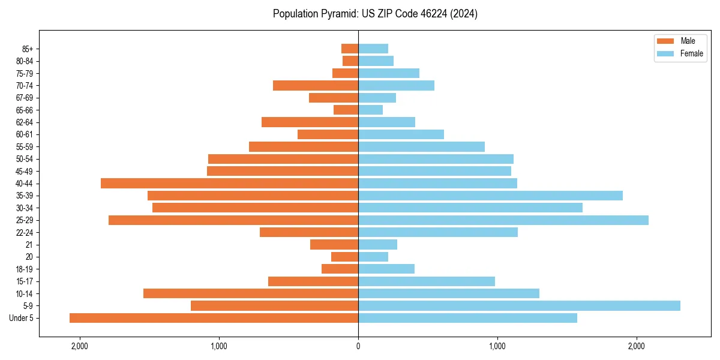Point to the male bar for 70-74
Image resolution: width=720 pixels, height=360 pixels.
pyautogui.click(x=316, y=85)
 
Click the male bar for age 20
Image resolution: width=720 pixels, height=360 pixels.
pyautogui.click(x=344, y=257)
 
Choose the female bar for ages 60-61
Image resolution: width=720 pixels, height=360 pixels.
pyautogui.click(x=401, y=134)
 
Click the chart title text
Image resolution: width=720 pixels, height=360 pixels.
pyautogui.click(x=375, y=14)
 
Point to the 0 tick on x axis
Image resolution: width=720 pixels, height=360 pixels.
pyautogui.click(x=358, y=346)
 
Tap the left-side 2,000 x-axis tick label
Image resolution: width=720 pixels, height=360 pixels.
pyautogui.click(x=79, y=346)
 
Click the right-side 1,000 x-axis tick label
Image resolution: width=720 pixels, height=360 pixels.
pyautogui.click(x=497, y=346)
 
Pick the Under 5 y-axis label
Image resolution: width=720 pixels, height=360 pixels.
pyautogui.click(x=21, y=318)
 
